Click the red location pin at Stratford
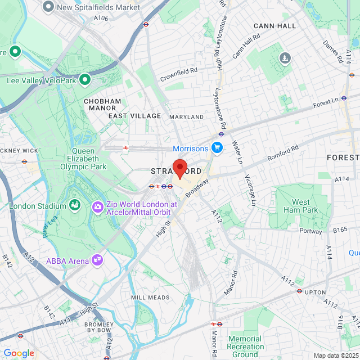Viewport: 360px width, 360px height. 179,168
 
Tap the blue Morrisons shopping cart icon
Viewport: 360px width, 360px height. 217,148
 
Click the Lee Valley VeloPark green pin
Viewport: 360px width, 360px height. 85,80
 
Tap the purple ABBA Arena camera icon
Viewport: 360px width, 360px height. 97,259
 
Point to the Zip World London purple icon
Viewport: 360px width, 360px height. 98,208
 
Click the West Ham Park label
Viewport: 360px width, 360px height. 301,206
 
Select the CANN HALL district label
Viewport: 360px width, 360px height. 274,26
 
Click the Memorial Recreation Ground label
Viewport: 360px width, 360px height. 245,346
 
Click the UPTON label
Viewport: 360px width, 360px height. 315,292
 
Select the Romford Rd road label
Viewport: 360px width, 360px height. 283,151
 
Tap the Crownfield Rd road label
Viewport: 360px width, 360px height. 179,70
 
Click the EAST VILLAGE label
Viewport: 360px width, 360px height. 134,116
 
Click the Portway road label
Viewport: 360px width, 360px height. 310,231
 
